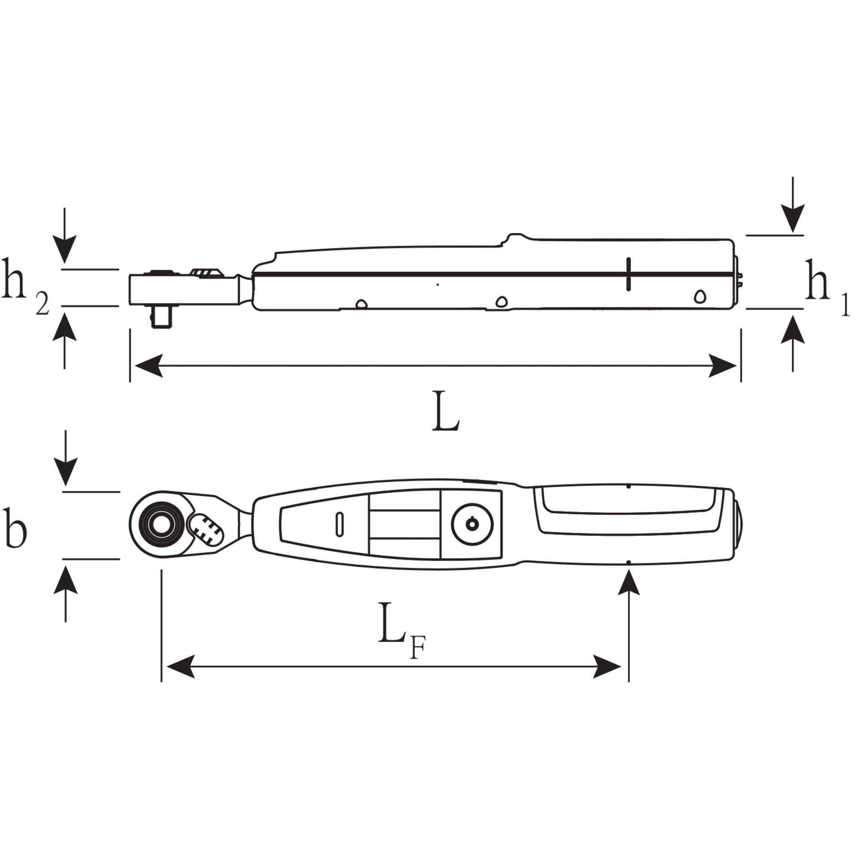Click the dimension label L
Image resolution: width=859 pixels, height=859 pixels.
446,412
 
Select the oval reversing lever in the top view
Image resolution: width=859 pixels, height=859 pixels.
206,529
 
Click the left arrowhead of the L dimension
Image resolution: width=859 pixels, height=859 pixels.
148,366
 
